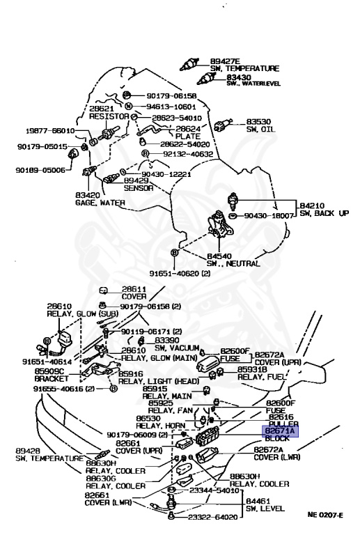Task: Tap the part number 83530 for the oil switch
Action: coord(260,121)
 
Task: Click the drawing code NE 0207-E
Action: coord(325,515)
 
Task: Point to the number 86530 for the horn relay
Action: coord(157,419)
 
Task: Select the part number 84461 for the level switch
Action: coord(258,500)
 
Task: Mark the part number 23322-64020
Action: coord(214,517)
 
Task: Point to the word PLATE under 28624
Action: coord(187,138)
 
